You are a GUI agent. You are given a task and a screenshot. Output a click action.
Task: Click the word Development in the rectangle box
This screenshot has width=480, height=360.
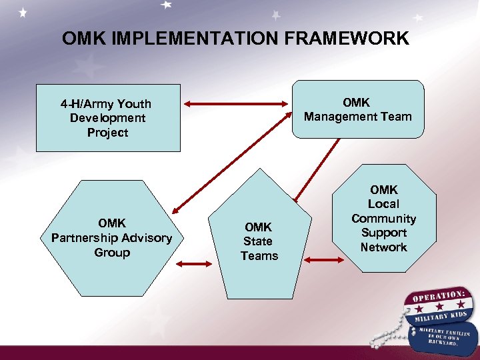click(107, 118)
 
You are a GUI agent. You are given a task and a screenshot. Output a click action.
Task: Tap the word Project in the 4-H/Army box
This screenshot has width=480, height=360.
click(107, 133)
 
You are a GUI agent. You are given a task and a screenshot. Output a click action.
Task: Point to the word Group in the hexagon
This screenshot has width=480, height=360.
click(111, 253)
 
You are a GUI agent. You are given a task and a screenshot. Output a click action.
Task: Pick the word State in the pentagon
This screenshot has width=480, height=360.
click(259, 241)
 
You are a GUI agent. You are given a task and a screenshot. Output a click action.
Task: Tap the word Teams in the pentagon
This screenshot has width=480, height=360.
click(259, 256)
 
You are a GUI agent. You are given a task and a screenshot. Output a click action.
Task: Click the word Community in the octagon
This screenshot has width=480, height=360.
click(383, 219)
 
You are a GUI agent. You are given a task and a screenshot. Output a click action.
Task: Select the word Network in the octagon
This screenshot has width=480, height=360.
click(383, 247)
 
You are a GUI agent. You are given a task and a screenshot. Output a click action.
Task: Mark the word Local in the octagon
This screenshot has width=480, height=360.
click(383, 204)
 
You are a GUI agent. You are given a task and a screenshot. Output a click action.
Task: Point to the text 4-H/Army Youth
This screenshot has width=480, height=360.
click(106, 104)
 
